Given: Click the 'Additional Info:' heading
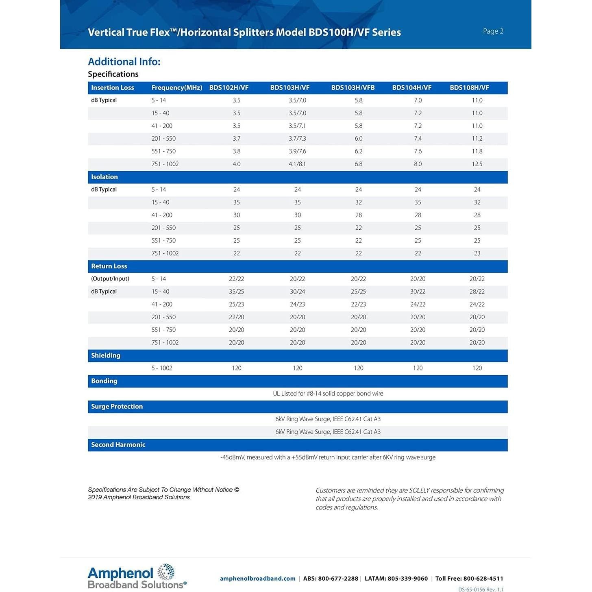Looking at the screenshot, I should (x=124, y=62).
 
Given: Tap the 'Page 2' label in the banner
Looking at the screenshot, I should (x=493, y=31).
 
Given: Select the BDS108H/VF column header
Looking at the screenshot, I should (x=469, y=88).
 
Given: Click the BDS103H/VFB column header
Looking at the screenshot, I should (x=353, y=88).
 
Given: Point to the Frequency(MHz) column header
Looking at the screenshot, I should (x=176, y=88).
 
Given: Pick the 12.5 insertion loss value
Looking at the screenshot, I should (x=477, y=164).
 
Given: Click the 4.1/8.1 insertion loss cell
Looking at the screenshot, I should (x=297, y=164).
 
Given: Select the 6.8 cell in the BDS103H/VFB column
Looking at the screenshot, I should (x=358, y=164).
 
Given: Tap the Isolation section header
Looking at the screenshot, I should (x=104, y=177).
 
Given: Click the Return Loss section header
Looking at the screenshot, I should (x=109, y=266).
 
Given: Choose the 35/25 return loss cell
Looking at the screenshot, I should (x=236, y=292).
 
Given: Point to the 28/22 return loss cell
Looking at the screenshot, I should (x=477, y=292).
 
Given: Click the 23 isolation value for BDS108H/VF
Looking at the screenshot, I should (x=477, y=253).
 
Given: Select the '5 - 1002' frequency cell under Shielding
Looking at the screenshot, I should (x=162, y=368).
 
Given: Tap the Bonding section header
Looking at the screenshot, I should (x=104, y=381).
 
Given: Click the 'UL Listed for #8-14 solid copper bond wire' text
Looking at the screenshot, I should (x=328, y=394).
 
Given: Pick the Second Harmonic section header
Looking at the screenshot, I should (x=118, y=445).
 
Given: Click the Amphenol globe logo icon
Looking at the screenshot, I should (x=166, y=572).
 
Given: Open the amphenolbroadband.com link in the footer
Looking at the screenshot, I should (x=257, y=579).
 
